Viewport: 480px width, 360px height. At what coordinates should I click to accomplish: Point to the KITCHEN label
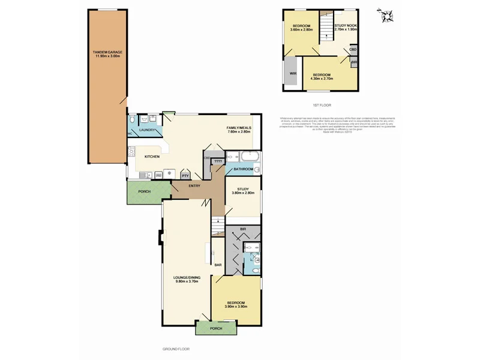point(151,157)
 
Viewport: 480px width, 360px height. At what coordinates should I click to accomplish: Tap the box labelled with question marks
point(218,162)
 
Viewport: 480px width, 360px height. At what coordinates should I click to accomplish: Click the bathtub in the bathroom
point(247,158)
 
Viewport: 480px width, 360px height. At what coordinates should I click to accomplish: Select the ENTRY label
point(194,186)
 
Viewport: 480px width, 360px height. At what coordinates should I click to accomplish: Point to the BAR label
point(218,265)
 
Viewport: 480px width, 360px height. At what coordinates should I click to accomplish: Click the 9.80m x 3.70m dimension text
point(187,281)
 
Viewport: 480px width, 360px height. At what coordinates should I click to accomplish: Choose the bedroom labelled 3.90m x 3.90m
point(236,304)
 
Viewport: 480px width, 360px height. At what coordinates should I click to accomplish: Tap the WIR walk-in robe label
point(293,73)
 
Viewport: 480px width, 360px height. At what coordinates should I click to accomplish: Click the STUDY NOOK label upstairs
point(346,27)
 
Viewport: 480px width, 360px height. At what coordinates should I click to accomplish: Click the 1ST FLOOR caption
point(322,105)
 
